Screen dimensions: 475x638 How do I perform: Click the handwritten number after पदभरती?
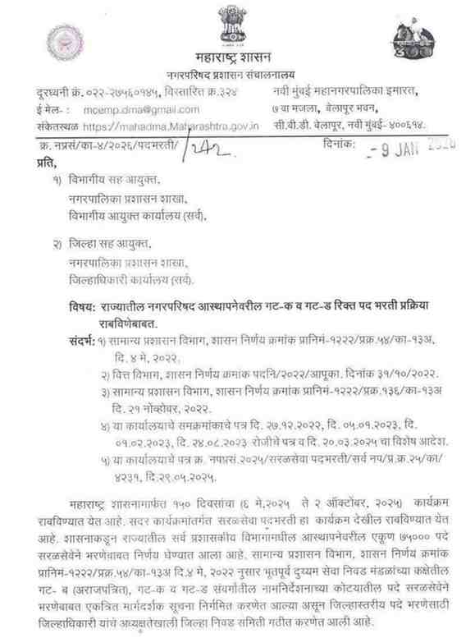(208, 145)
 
